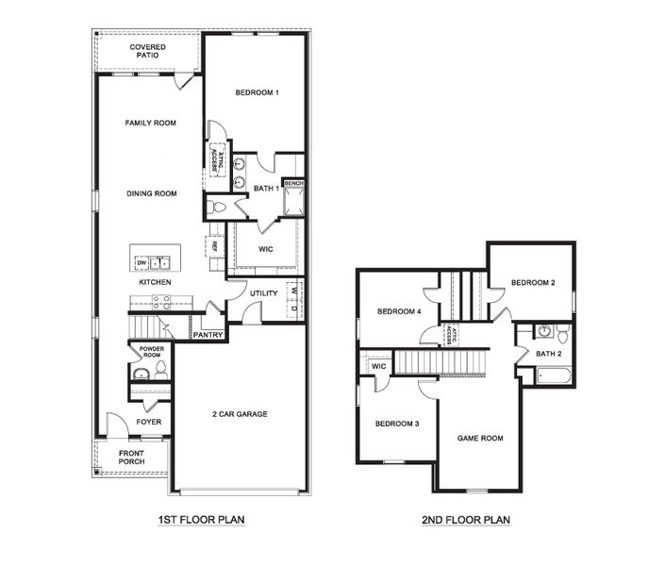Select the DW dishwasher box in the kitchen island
[141, 261]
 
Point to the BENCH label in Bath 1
[293, 183]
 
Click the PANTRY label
[206, 334]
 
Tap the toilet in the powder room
[160, 367]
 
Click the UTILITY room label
[264, 293]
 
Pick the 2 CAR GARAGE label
[240, 414]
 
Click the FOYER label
[149, 422]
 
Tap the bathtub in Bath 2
[547, 376]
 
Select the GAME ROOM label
[480, 438]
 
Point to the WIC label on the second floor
[378, 366]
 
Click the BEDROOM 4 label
[399, 311]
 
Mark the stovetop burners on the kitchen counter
[161, 302]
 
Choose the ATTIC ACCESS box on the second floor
[451, 334]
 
